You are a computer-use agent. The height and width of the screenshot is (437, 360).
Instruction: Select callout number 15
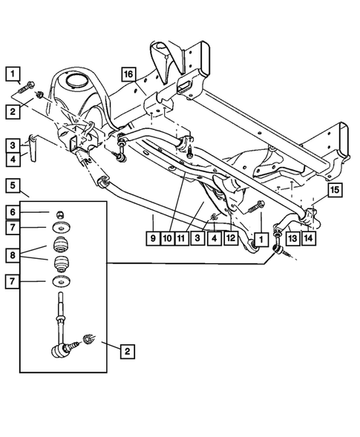click(x=335, y=191)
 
